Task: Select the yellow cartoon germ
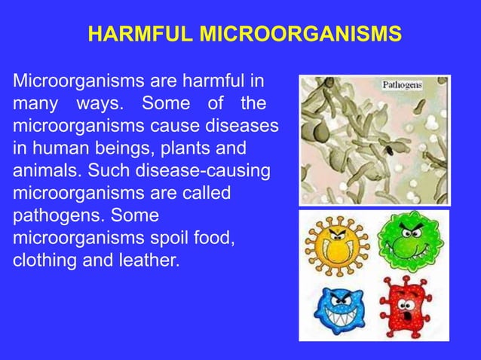335,245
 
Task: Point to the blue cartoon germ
335,309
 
